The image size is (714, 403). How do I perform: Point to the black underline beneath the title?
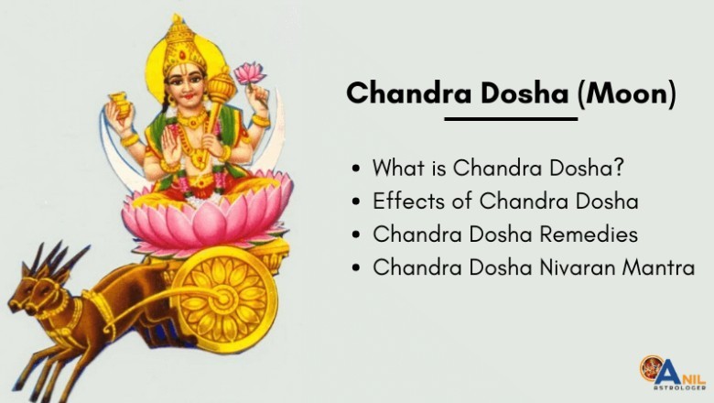point(511,118)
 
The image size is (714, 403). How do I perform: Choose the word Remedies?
point(586,234)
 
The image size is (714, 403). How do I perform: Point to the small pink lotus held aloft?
point(248,72)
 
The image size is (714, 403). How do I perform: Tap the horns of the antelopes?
point(49,260)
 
